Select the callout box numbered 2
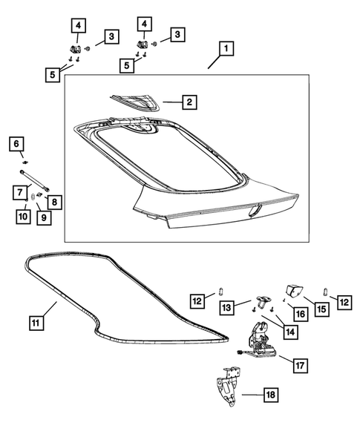click(x=189, y=101)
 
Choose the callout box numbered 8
click(x=53, y=201)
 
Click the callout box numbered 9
click(x=43, y=217)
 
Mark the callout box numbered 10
click(x=22, y=216)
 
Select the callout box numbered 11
click(x=37, y=323)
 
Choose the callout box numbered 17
click(x=300, y=365)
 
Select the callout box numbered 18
click(x=270, y=395)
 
